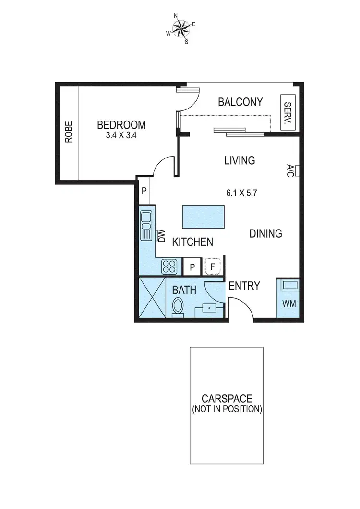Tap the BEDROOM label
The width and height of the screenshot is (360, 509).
(x=121, y=125)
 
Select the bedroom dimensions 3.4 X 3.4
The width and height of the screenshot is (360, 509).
(x=121, y=135)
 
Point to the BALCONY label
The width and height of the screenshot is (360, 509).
(x=240, y=102)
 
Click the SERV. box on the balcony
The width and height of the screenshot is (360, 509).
(x=288, y=113)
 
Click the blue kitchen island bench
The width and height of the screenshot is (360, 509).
(x=203, y=217)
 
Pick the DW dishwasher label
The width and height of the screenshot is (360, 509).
(x=161, y=236)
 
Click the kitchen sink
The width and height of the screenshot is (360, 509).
(x=146, y=225)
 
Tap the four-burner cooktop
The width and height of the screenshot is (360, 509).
(x=169, y=266)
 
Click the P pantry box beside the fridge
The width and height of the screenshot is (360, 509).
(x=192, y=267)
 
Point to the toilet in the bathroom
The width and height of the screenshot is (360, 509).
(x=178, y=306)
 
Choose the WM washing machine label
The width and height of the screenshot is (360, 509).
(x=288, y=304)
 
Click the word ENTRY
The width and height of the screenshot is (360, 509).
(x=244, y=286)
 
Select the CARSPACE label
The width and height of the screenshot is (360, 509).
(x=227, y=399)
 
